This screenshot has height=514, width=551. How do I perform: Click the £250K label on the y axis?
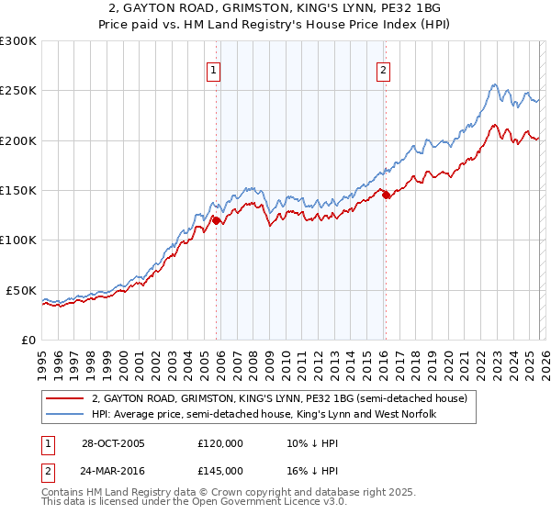[x=18, y=91]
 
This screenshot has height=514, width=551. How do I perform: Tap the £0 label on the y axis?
[x=28, y=340]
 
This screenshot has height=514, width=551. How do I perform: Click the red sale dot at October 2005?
[x=217, y=220]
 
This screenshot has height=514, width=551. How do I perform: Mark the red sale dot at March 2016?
[x=386, y=195]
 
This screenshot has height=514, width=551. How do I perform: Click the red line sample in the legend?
[x=64, y=398]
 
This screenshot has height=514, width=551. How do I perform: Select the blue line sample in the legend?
[x=64, y=415]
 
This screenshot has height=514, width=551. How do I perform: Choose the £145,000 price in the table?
[x=220, y=470]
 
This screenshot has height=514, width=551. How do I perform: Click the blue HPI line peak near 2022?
[x=494, y=85]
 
